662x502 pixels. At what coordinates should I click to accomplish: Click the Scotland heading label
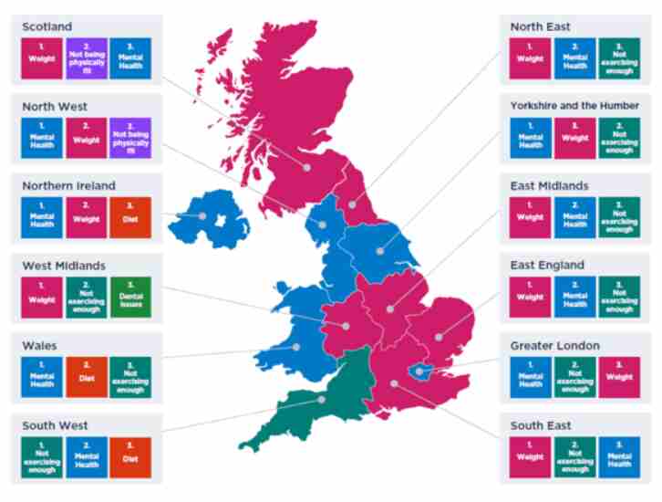point(47,26)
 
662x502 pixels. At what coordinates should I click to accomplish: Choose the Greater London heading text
point(554,346)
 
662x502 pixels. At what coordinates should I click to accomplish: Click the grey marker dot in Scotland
point(307,167)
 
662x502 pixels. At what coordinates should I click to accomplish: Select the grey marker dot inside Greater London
point(420,371)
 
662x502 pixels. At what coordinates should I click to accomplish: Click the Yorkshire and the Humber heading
point(574,106)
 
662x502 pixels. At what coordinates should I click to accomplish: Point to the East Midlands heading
point(550,186)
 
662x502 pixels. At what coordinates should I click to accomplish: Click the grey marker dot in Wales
point(296,347)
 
